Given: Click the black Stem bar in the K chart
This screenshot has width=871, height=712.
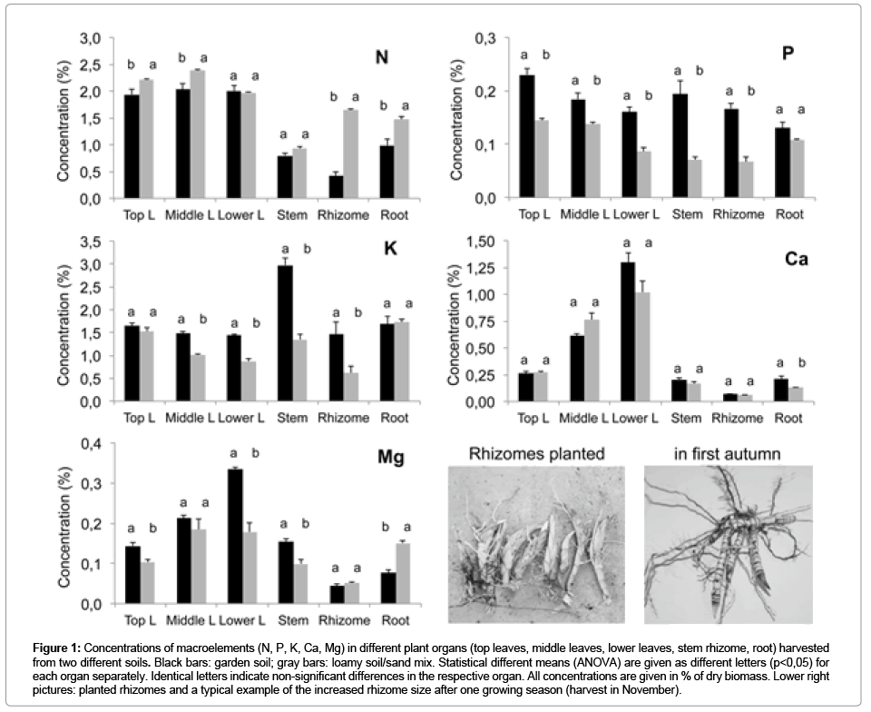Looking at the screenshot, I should [x=285, y=333].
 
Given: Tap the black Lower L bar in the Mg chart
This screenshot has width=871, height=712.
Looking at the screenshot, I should [x=234, y=536].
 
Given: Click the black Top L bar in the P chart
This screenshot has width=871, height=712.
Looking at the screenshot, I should [x=526, y=136].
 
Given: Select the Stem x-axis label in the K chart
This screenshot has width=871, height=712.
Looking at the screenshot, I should [x=293, y=419].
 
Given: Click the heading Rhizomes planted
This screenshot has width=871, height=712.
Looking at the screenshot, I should [x=536, y=453].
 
